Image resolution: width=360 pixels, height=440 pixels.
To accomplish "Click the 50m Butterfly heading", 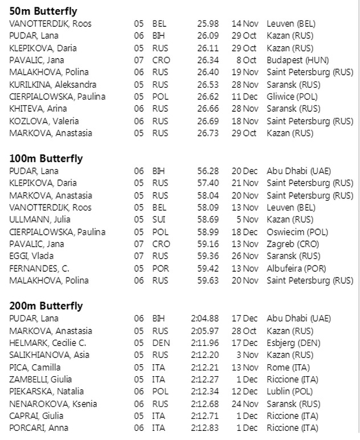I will (43, 11).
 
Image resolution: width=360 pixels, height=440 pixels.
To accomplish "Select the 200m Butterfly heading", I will (46, 306).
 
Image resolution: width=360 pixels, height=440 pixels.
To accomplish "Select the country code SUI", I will (158, 220).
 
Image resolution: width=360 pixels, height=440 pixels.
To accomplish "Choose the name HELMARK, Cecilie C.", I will (47, 343).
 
